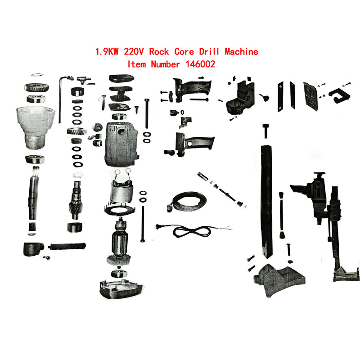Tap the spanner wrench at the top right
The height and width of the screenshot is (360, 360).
(x=339, y=94)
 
